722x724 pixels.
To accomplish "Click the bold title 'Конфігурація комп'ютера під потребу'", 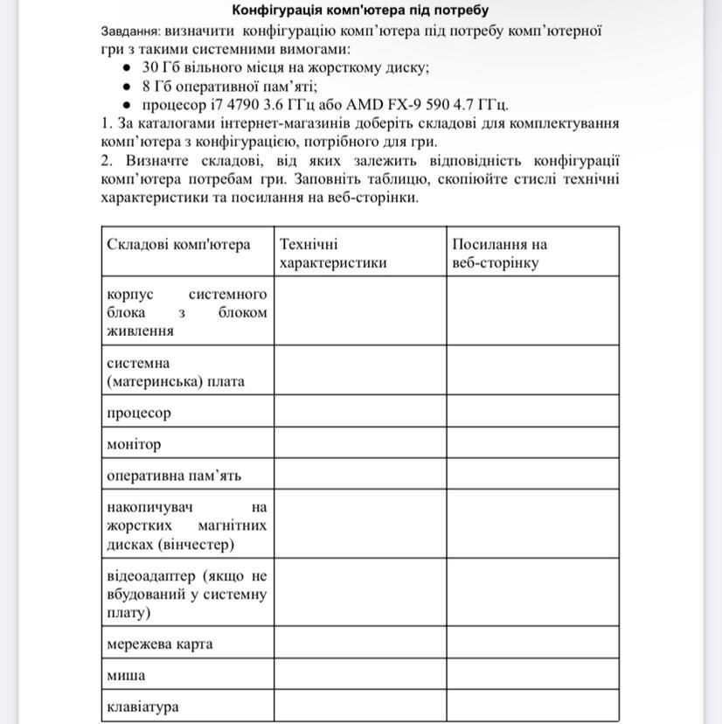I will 360,10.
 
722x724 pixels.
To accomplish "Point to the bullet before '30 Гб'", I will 127,68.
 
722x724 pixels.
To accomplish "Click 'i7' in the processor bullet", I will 206,106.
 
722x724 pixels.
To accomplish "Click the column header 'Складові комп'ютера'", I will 178,244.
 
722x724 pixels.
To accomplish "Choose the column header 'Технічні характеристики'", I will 333,253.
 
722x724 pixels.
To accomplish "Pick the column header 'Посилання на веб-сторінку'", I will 499,253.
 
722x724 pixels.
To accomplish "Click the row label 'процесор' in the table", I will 139,413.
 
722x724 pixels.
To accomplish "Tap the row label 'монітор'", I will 134,444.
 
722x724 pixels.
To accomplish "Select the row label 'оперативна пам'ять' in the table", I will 174,476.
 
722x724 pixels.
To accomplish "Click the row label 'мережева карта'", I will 159,644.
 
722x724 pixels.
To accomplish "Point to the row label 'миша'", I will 126,676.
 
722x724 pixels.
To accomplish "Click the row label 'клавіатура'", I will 142,707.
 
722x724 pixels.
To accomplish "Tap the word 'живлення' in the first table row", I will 140,331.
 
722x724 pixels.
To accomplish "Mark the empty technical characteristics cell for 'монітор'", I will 360,444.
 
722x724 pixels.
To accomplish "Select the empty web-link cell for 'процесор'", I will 532,413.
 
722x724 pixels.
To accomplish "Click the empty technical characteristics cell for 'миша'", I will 360,676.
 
